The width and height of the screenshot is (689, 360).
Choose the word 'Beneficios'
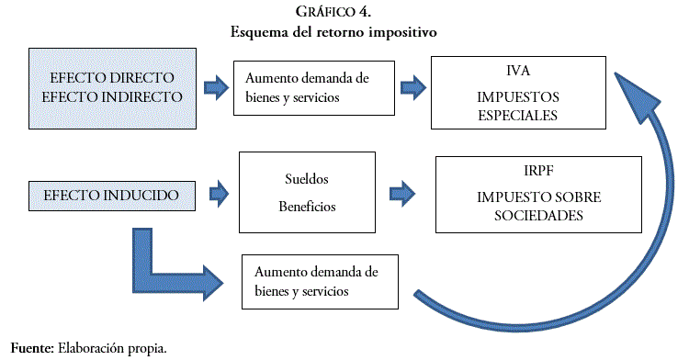point(306,207)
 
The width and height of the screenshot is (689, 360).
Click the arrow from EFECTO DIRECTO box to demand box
point(214,87)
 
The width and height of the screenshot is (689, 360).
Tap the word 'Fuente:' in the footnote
point(31,348)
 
